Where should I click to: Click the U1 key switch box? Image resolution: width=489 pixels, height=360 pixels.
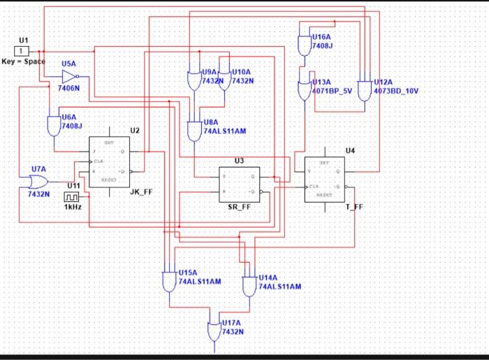22,51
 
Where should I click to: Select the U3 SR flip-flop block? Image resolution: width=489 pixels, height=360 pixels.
239,185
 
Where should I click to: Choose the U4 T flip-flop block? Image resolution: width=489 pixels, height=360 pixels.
324,179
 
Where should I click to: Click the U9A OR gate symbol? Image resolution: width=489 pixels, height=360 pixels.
194,80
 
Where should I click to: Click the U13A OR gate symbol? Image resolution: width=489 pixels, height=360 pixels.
305,91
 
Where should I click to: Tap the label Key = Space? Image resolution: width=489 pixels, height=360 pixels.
23,62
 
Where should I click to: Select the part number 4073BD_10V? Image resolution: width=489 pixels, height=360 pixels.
395,91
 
